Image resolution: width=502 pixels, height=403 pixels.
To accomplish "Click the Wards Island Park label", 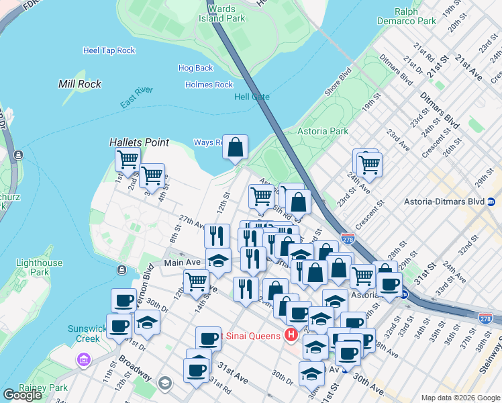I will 221,14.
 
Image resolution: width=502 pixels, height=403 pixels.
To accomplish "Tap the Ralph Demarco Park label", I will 415,17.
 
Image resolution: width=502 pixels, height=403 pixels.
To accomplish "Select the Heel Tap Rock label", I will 109,50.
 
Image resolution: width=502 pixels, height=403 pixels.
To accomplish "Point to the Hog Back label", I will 195,68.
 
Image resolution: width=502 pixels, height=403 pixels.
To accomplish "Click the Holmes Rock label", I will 209,85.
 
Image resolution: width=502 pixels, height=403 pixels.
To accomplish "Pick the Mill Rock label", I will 80,84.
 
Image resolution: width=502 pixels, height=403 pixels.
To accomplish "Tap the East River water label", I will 137,97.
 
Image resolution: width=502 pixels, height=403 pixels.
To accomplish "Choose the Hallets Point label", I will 139,142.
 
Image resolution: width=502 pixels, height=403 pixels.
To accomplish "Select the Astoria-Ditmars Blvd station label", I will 444,201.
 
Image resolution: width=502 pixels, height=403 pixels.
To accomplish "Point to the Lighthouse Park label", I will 39,267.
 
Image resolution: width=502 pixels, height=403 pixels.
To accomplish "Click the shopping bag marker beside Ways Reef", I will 236,148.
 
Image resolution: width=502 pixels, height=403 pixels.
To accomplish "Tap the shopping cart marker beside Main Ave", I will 196,281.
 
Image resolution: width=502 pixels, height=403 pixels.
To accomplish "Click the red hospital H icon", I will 291,334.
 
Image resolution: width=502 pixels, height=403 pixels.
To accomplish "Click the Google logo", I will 22,395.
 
